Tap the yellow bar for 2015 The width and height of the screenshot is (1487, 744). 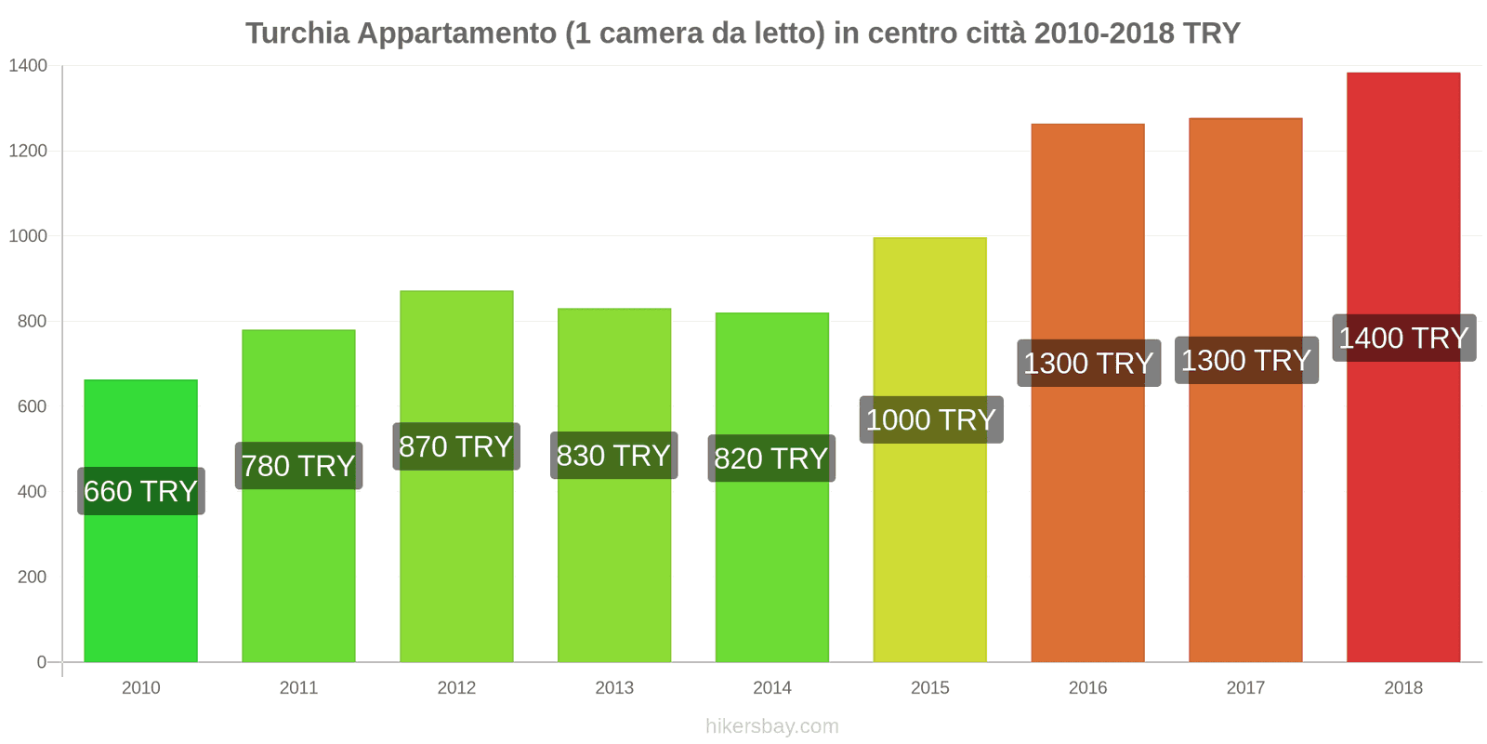pyautogui.click(x=929, y=558)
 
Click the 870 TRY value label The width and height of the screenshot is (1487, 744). pyautogui.click(x=455, y=446)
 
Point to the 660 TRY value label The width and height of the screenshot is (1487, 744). pyautogui.click(x=140, y=491)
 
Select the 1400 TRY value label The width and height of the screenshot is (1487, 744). pyautogui.click(x=1403, y=338)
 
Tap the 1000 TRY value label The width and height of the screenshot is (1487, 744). pyautogui.click(x=930, y=419)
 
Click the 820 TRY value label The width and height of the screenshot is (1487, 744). pyautogui.click(x=771, y=458)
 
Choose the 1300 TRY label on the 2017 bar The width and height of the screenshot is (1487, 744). pyautogui.click(x=1245, y=360)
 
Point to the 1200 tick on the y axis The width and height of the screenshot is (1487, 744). pyautogui.click(x=28, y=151)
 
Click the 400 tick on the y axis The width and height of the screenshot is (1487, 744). pyautogui.click(x=32, y=491)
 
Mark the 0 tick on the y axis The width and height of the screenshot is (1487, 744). pyautogui.click(x=41, y=662)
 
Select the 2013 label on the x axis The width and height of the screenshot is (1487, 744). pyautogui.click(x=613, y=687)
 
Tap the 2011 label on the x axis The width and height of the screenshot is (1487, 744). pyautogui.click(x=298, y=687)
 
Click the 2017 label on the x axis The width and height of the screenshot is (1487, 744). pyautogui.click(x=1245, y=687)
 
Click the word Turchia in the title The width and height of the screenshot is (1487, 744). pyautogui.click(x=297, y=33)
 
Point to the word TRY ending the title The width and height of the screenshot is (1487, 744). pyautogui.click(x=1212, y=33)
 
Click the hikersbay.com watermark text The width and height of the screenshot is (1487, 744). pyautogui.click(x=771, y=726)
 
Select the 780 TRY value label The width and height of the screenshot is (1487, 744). pyautogui.click(x=298, y=465)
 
